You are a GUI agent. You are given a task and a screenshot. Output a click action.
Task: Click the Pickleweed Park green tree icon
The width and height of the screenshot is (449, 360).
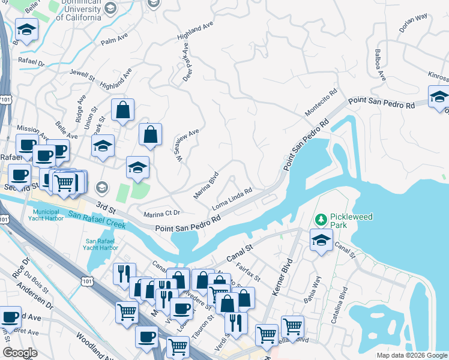(322, 218)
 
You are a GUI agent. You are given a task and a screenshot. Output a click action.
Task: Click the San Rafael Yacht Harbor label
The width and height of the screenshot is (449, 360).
(101, 245)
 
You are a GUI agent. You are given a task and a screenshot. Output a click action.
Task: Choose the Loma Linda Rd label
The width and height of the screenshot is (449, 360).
(231, 200)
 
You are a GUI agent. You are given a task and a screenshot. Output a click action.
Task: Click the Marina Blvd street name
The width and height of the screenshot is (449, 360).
(206, 187)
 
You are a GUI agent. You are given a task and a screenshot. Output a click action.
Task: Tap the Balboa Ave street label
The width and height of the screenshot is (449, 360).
(381, 65)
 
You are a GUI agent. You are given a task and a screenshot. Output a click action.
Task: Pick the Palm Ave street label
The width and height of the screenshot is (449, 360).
(116, 41)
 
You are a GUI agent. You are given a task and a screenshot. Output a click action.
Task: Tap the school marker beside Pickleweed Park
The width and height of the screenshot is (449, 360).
(322, 241)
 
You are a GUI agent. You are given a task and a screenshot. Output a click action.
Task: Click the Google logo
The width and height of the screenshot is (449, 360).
(20, 353)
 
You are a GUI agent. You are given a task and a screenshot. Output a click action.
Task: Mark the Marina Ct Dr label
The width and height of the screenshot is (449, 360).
(162, 214)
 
